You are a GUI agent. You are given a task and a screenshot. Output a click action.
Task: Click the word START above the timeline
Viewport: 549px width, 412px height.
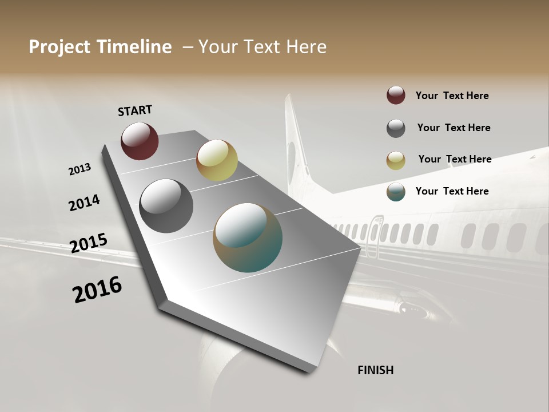(x=135, y=110)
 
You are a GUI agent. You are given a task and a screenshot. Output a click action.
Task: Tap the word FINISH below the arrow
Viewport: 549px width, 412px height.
(x=375, y=370)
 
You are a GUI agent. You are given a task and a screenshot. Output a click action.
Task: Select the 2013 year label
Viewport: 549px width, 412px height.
(x=80, y=169)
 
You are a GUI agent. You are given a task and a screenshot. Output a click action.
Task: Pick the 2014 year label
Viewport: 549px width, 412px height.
(x=84, y=203)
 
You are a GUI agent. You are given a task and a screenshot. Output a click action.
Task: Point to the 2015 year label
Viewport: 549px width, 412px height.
(x=89, y=243)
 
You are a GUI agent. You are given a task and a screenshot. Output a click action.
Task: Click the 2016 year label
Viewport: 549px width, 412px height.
(x=97, y=290)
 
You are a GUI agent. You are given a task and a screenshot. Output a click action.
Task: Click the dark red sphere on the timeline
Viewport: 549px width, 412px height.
(x=140, y=141)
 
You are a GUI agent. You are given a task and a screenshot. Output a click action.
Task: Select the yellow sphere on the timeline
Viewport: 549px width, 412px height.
(x=217, y=160)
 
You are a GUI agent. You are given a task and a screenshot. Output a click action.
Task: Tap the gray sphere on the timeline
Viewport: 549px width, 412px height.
(x=166, y=206)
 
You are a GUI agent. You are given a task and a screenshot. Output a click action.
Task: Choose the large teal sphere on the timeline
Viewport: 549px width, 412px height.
(x=248, y=237)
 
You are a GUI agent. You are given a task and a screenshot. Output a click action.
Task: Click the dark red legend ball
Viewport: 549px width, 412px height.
(x=396, y=96)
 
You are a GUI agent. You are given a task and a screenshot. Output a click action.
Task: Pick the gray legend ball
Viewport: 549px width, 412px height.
(x=396, y=128)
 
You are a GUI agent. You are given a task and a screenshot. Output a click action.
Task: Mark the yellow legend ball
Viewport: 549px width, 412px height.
(x=396, y=160)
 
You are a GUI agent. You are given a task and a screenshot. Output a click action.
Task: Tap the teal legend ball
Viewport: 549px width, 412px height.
(x=396, y=192)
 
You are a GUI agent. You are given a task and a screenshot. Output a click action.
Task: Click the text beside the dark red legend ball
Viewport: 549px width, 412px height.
(x=452, y=96)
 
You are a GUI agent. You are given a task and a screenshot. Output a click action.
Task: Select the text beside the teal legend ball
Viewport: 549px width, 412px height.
(x=452, y=191)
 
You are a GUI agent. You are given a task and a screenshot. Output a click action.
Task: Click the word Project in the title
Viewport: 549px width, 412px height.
(x=60, y=47)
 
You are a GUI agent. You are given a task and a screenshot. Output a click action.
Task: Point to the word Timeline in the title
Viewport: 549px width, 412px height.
(x=134, y=47)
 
